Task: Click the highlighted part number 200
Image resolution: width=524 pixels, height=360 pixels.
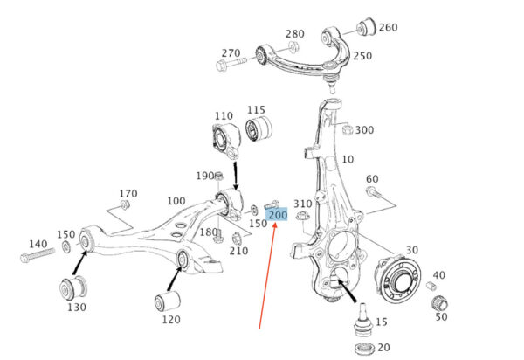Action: click(x=277, y=215)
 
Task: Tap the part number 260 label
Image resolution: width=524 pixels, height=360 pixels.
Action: click(x=389, y=27)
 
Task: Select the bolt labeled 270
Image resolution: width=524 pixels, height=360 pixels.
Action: click(x=231, y=63)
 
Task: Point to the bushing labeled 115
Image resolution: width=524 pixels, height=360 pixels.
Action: click(x=259, y=128)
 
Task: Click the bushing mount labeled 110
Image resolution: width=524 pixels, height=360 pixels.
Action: click(x=226, y=141)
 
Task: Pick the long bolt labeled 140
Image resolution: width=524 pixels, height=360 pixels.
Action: click(x=37, y=254)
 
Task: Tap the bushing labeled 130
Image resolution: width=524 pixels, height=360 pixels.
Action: click(x=72, y=287)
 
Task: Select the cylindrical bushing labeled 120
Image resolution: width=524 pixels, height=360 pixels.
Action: click(x=168, y=301)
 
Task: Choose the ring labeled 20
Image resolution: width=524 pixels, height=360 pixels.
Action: click(x=364, y=348)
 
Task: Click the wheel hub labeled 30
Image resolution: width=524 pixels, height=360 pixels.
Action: click(x=397, y=280)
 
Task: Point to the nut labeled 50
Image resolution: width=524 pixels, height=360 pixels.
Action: click(x=440, y=303)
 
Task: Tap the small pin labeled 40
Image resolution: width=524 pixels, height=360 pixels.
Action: click(x=431, y=286)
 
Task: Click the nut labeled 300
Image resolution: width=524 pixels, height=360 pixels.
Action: click(x=348, y=128)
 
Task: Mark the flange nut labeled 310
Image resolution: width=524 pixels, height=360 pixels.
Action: click(x=302, y=215)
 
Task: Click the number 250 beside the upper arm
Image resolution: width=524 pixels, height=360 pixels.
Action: click(x=362, y=56)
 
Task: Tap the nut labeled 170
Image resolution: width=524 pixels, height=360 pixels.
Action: click(x=125, y=204)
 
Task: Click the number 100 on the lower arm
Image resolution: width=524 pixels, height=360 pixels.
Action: click(x=176, y=201)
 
